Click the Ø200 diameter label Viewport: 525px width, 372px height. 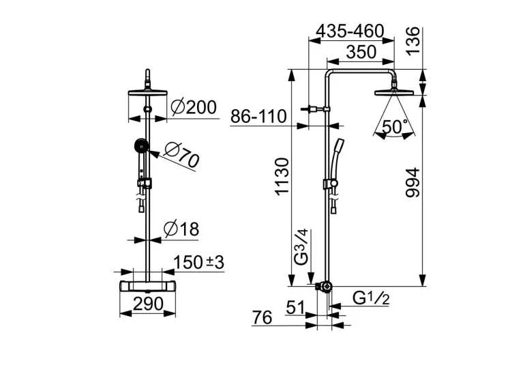pyautogui.click(x=194, y=108)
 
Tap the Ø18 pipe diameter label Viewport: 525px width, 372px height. pyautogui.click(x=181, y=229)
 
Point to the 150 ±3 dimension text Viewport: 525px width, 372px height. pyautogui.click(x=199, y=262)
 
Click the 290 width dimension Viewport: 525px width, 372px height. pyautogui.click(x=149, y=304)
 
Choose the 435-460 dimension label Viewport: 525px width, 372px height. pyautogui.click(x=350, y=31)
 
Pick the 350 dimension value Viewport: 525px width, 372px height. pyautogui.click(x=361, y=53)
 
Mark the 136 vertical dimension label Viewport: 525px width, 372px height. pyautogui.click(x=412, y=40)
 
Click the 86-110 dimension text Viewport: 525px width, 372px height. pyautogui.click(x=258, y=117)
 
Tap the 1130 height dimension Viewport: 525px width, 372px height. pyautogui.click(x=281, y=176)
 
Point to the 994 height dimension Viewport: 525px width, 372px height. pyautogui.click(x=412, y=183)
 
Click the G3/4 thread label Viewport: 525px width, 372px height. pyautogui.click(x=300, y=247)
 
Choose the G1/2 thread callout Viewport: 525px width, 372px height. pyautogui.click(x=371, y=298)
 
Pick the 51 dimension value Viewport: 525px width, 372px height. pyautogui.click(x=295, y=307)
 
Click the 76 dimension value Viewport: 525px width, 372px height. pyautogui.click(x=262, y=317)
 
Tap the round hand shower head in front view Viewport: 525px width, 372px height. pyautogui.click(x=141, y=145)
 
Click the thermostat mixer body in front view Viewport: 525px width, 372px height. pyautogui.click(x=148, y=286)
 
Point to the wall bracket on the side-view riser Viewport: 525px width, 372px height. pyautogui.click(x=316, y=109)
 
